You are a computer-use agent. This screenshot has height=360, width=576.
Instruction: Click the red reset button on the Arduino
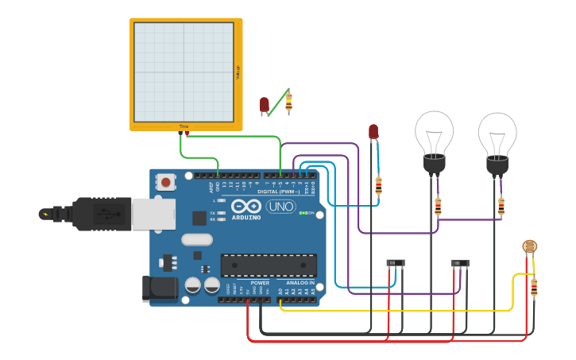[x=165, y=183]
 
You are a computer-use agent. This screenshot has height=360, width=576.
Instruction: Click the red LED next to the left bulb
[x=373, y=132]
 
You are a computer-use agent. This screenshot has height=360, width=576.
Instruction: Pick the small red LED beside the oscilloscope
[x=265, y=105]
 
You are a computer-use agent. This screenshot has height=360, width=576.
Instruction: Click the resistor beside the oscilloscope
[x=288, y=101]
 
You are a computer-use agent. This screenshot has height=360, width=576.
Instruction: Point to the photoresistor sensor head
[x=529, y=247]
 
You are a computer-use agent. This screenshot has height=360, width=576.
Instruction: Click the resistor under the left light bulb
[x=438, y=206]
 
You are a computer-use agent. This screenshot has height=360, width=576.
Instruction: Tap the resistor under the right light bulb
[x=501, y=206]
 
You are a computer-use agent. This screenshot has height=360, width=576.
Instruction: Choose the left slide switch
[x=395, y=263]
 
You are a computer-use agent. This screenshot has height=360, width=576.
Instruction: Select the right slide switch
[x=460, y=264]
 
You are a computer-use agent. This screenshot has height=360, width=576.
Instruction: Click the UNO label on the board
[x=280, y=206]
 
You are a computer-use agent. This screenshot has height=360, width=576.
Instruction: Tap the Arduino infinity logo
[x=246, y=206]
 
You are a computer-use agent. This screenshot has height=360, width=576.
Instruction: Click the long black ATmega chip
[x=269, y=265]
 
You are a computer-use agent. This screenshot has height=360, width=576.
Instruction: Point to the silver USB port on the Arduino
[x=153, y=215]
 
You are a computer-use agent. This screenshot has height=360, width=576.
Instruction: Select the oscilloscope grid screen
[x=184, y=71]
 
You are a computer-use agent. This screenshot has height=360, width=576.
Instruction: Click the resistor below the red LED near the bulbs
[x=378, y=186]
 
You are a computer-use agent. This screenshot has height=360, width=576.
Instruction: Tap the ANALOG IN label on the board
[x=295, y=283]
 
